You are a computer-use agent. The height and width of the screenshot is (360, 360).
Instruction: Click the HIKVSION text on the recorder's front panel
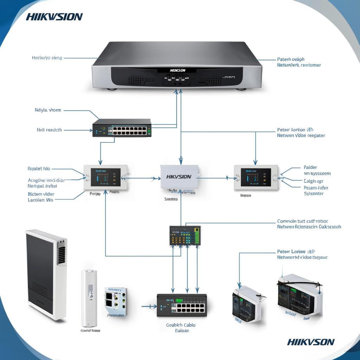178,70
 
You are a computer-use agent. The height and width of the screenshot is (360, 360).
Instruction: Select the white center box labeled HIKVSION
179,177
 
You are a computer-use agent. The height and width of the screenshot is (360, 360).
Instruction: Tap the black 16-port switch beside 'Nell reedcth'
122,128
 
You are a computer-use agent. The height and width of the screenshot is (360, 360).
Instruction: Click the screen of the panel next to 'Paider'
256,177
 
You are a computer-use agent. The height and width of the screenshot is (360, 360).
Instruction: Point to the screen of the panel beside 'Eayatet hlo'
105,177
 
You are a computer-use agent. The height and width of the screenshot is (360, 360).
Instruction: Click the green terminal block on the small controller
197,236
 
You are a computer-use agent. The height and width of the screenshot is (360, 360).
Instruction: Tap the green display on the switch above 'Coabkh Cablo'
179,301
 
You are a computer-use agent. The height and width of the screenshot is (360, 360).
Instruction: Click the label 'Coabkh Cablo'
181,325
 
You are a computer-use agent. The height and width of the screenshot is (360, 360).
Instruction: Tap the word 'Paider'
310,167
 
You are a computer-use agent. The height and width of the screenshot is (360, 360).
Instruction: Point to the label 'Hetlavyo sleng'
47,58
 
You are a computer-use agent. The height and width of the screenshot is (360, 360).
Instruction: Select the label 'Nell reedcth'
49,130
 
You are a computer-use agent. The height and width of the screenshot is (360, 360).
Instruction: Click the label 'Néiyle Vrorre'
48,110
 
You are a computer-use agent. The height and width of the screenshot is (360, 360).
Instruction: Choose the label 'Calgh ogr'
313,181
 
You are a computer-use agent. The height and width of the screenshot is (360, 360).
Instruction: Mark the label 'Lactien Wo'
40,200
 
